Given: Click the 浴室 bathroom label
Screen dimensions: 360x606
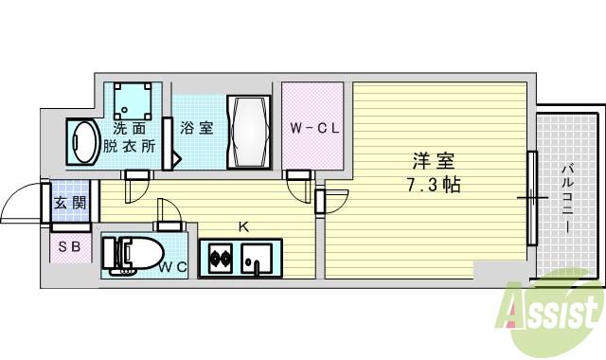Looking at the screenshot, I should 196,128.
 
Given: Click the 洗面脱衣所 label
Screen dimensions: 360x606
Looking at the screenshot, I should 132,138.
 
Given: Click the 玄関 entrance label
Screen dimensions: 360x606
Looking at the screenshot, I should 68,202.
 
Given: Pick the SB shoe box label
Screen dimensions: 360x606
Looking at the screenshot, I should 68,247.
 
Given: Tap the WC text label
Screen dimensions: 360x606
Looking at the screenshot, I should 172,268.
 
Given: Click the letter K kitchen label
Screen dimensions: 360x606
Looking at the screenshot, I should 243,226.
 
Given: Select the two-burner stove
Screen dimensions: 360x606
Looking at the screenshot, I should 221,257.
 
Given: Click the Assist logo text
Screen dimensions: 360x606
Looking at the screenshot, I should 554,314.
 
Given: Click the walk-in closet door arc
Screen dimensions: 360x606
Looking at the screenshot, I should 300,190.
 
